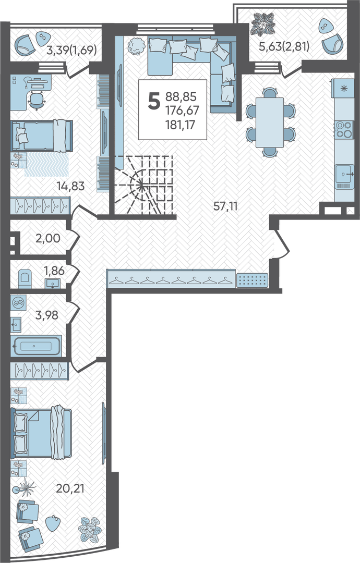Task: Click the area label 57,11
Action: [x=225, y=206]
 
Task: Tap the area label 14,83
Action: [x=70, y=186]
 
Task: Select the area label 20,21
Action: [x=70, y=488]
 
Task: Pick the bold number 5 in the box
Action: [x=154, y=101]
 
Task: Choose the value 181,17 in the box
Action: [x=179, y=125]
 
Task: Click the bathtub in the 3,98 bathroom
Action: [x=36, y=346]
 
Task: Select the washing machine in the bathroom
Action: [x=17, y=303]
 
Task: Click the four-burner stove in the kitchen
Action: [x=344, y=130]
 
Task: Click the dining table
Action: [x=269, y=123]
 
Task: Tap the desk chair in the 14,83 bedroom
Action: [x=36, y=100]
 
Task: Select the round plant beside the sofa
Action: [x=135, y=46]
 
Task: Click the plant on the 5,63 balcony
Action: [x=263, y=25]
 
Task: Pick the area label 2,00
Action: [x=48, y=238]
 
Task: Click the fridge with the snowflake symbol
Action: [x=344, y=88]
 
